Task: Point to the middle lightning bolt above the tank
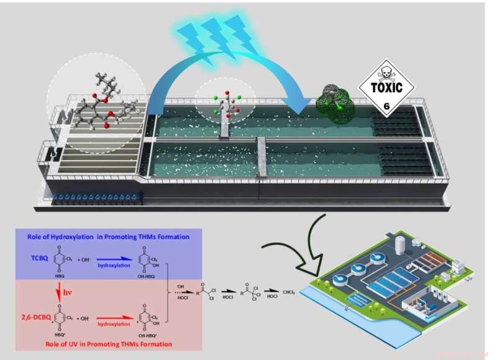coord(219,32)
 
